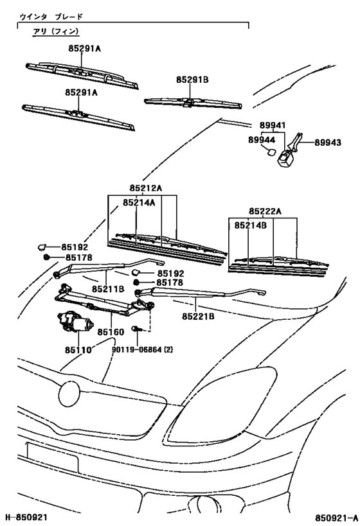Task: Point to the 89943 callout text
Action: pos(329,145)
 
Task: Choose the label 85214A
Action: pos(139,202)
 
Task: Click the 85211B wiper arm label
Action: pos(107,290)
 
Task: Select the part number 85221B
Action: pos(197,316)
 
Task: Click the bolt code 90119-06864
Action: pos(140,350)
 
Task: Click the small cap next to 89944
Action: pos(269,152)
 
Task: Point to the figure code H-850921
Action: pos(27,517)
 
